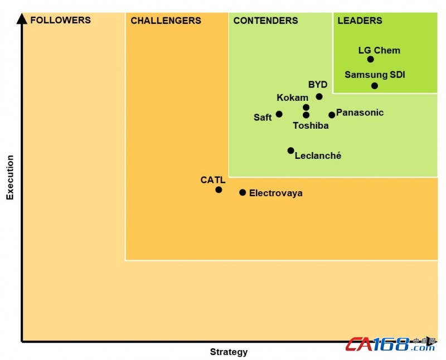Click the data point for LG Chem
(x=370, y=59)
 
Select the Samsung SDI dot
(x=375, y=86)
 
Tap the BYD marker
(x=319, y=96)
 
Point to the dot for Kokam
(x=306, y=108)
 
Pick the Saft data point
(x=279, y=114)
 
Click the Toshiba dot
(x=306, y=115)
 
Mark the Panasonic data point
(x=332, y=115)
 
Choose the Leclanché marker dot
(x=290, y=150)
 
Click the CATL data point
(x=219, y=190)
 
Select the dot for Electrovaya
(x=243, y=192)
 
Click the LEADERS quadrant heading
(x=360, y=21)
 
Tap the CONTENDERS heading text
(x=265, y=21)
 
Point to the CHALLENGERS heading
(x=166, y=21)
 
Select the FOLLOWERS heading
(x=60, y=20)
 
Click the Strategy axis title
(x=229, y=352)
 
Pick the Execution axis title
(x=9, y=177)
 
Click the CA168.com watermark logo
(x=390, y=344)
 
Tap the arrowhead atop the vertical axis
(x=22, y=19)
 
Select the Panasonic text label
(x=360, y=113)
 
